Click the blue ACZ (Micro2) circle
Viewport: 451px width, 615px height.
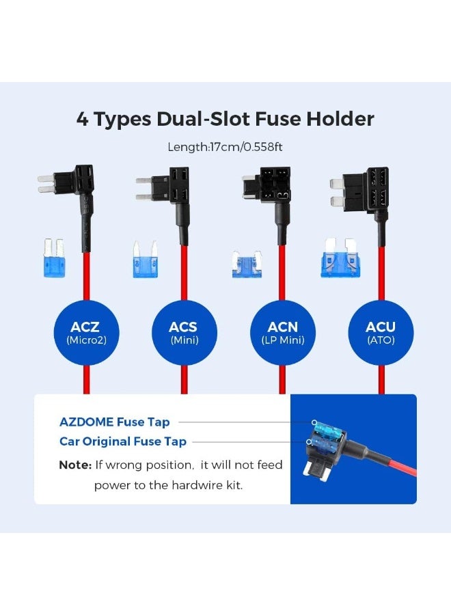(86, 332)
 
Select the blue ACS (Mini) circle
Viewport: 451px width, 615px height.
(184, 332)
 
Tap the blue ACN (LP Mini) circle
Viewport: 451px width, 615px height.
(282, 332)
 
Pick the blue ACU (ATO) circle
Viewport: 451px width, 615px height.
(381, 332)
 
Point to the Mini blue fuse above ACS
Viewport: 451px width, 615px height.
(145, 260)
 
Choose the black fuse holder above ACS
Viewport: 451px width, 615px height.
(171, 187)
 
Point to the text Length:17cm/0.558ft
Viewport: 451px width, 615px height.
(225, 147)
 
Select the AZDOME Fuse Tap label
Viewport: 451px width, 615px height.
(115, 422)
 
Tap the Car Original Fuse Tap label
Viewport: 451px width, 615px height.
(123, 441)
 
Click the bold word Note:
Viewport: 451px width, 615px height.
(75, 465)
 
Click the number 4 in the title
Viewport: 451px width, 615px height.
(83, 119)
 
